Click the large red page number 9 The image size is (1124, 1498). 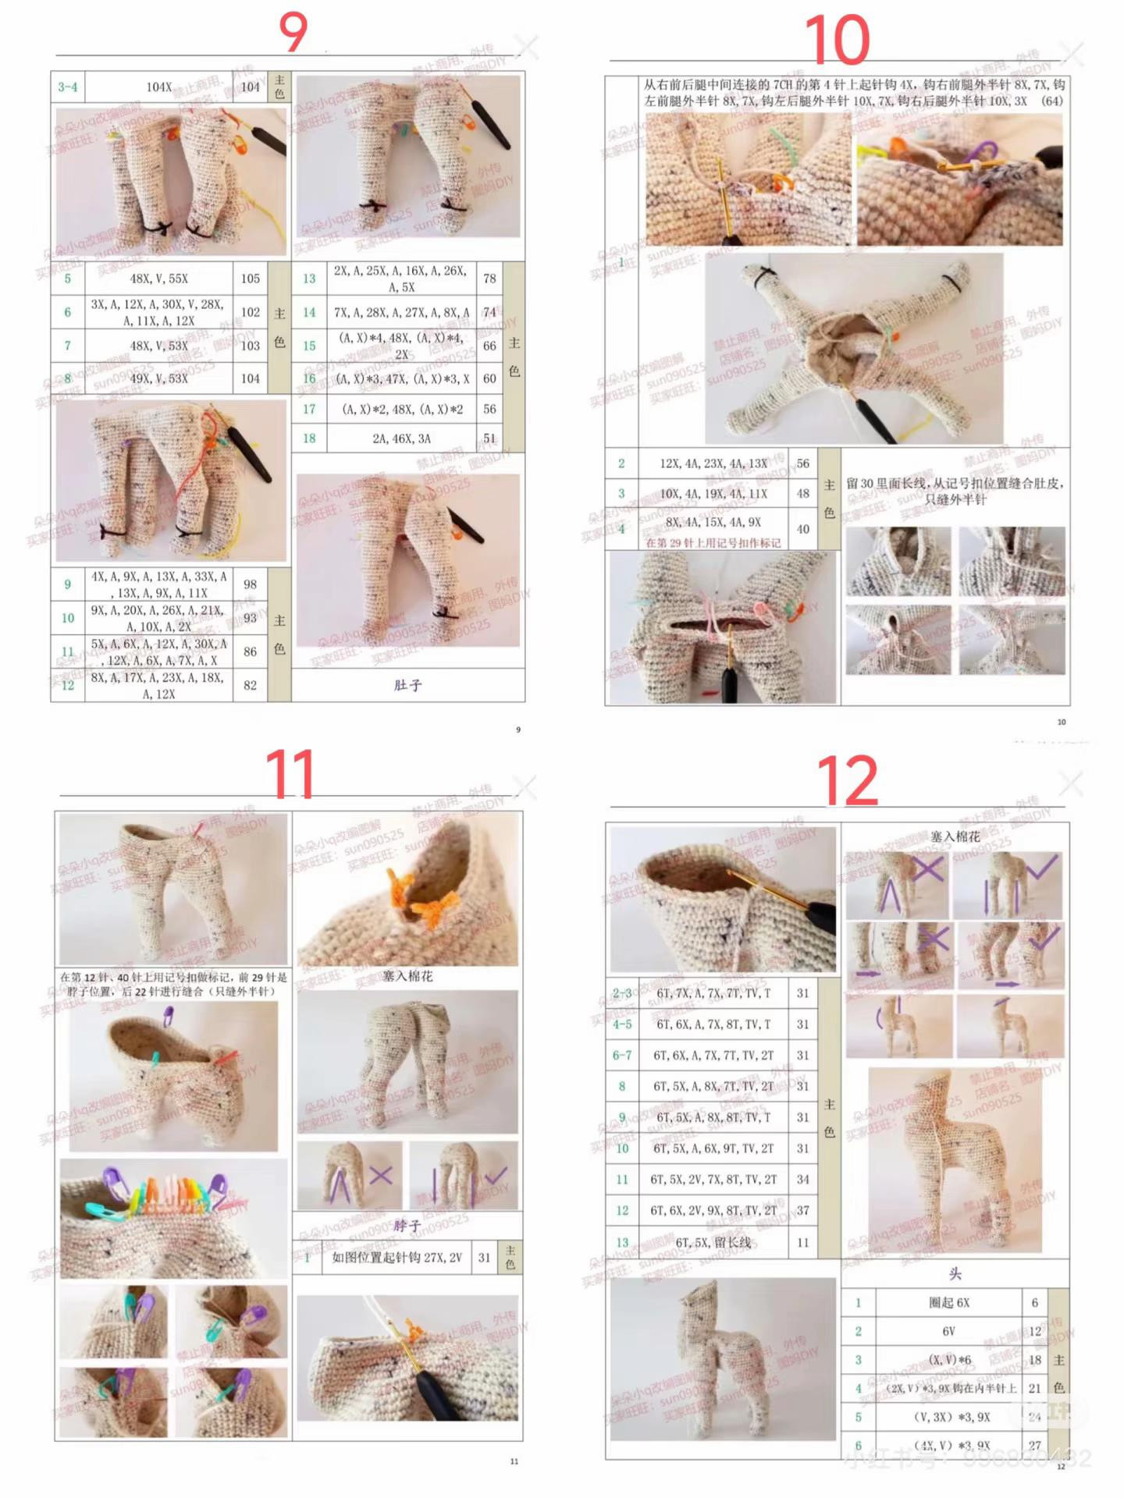[x=293, y=33]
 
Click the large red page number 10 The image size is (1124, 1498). [x=837, y=41]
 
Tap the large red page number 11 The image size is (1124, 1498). [x=290, y=774]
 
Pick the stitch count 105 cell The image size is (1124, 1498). [x=251, y=279]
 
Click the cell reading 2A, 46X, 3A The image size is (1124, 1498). [x=401, y=438]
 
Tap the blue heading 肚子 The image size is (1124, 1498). [x=407, y=685]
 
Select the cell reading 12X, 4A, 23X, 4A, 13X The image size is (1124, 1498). [x=713, y=463]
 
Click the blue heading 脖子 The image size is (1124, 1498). [x=407, y=1226]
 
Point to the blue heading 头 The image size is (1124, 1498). [x=955, y=1274]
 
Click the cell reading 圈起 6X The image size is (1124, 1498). [x=949, y=1303]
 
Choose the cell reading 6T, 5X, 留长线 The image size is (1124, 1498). [x=713, y=1242]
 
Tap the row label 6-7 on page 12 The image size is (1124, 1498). [x=622, y=1055]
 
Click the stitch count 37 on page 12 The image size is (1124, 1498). [x=803, y=1210]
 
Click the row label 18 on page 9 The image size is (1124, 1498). [x=309, y=438]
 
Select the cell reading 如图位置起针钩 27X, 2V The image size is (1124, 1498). [x=397, y=1258]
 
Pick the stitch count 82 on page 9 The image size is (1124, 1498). [x=251, y=685]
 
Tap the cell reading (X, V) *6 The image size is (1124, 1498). [x=949, y=1360]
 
